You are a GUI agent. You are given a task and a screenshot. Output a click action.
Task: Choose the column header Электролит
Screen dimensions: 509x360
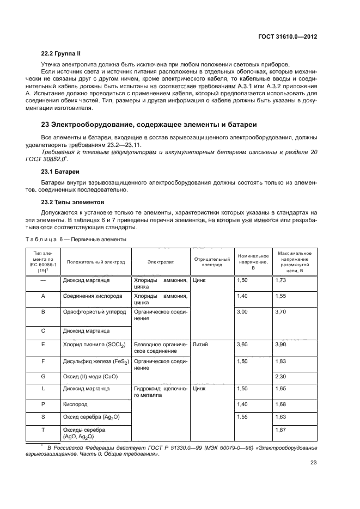[160, 262]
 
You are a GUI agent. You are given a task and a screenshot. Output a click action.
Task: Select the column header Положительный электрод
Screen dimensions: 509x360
[96, 262]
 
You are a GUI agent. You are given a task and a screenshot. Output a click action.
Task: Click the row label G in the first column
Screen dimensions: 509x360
[43, 376]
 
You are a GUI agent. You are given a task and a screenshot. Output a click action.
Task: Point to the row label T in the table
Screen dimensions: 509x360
[43, 430]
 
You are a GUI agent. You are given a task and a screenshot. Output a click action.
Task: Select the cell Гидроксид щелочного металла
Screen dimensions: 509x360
[161, 392]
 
